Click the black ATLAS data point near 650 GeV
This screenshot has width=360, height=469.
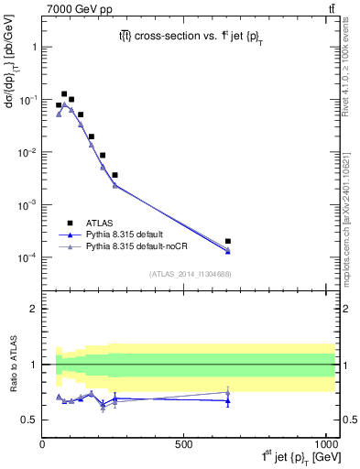(x=228, y=241)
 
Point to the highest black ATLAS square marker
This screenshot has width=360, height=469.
(x=64, y=93)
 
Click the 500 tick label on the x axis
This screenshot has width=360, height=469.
(x=184, y=442)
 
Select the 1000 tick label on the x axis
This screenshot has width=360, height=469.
(x=322, y=442)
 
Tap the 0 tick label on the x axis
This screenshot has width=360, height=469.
(x=43, y=442)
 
